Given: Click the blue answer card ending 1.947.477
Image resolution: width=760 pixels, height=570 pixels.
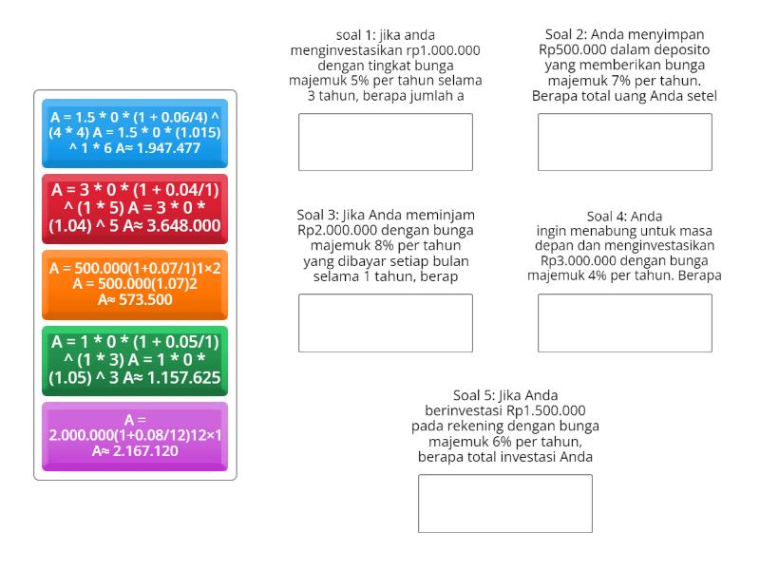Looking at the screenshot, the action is point(135,133).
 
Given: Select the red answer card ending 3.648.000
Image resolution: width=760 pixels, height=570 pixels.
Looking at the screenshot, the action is point(135,208).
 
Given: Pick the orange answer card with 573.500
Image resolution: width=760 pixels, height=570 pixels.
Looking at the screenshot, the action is point(135,284).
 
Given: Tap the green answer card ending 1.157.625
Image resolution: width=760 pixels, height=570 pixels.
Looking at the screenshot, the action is point(135,360).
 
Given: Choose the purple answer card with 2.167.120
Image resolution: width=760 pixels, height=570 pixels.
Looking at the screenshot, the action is point(135,435).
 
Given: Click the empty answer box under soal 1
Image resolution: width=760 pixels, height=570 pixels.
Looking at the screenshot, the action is point(385,142).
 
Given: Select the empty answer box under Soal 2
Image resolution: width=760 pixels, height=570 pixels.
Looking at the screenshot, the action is point(624,142).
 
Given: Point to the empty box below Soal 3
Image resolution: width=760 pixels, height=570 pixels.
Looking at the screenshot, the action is point(385,323).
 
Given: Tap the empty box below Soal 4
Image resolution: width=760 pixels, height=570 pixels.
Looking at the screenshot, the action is point(624,323).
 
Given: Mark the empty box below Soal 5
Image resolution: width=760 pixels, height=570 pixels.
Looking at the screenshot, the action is point(504,503).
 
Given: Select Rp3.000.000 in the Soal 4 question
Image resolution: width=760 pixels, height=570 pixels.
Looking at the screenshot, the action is point(580,260).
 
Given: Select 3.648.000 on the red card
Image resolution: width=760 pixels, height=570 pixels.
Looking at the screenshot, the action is point(178,226).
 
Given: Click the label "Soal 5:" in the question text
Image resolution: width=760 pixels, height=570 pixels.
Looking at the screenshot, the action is point(478,395).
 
